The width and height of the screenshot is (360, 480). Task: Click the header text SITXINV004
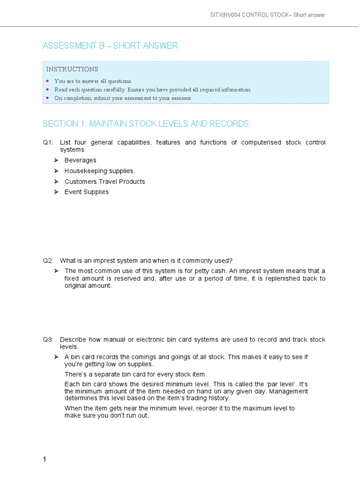(x=225, y=15)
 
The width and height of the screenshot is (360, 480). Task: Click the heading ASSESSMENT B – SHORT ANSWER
(x=110, y=45)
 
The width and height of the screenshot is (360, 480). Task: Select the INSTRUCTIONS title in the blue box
(x=72, y=69)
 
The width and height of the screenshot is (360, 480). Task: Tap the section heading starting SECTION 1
(x=146, y=124)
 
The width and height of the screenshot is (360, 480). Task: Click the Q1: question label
(x=48, y=142)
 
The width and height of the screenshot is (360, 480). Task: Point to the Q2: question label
(x=48, y=260)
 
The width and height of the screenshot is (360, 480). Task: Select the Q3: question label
(x=48, y=339)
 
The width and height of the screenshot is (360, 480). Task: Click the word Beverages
(x=80, y=160)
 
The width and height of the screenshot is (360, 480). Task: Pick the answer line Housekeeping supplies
(x=100, y=171)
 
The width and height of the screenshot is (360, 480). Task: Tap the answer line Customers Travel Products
(x=105, y=181)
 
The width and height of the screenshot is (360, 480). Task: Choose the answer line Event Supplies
(x=87, y=192)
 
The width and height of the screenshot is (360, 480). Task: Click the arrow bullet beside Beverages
(x=56, y=160)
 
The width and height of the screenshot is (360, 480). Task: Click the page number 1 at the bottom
(x=45, y=460)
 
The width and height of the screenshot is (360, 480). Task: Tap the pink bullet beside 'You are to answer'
(x=47, y=81)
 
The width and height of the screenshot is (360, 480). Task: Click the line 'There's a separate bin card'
(x=135, y=374)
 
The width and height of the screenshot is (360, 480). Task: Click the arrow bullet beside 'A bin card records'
(x=56, y=357)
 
